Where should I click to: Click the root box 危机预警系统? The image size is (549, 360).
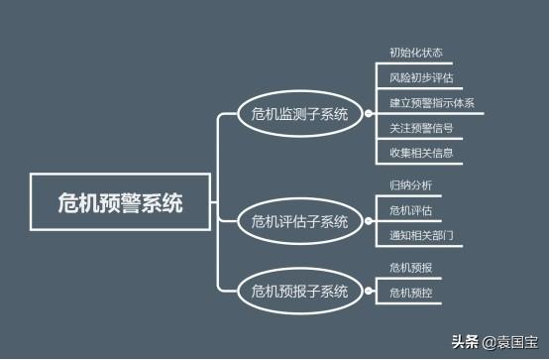[120, 203]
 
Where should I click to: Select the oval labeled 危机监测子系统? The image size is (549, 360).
[299, 115]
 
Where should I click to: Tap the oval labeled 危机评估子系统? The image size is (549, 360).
[299, 220]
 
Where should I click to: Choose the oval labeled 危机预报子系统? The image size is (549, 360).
[299, 291]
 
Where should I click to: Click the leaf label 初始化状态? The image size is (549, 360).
[416, 51]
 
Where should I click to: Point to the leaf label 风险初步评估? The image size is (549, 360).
[421, 76]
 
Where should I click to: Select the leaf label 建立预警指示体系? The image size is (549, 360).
[431, 102]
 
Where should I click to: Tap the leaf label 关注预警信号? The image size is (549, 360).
[421, 127]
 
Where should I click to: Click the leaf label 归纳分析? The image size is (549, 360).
[410, 184]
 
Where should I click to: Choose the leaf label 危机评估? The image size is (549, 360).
[410, 209]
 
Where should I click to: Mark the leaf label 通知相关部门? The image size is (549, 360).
[421, 235]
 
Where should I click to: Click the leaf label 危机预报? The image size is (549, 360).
[410, 267]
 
